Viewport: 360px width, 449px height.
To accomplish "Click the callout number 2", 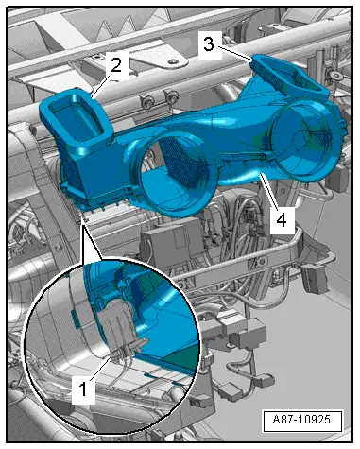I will pos(114,65).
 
